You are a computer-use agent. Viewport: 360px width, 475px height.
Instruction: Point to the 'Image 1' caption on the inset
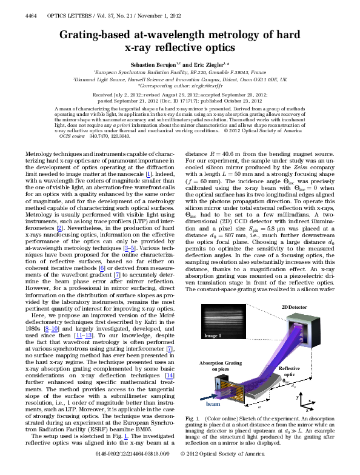coord(212,335)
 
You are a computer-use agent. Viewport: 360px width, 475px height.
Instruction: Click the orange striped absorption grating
coord(219,385)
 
